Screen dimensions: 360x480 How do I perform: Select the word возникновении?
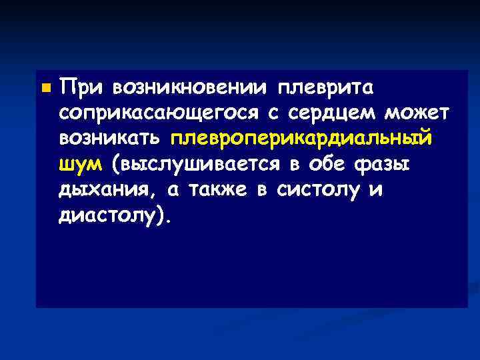(x=193, y=87)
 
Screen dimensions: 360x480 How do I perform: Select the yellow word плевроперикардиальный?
(x=301, y=139)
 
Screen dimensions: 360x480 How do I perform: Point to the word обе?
(x=324, y=164)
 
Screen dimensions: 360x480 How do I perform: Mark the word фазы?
(x=383, y=164)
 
